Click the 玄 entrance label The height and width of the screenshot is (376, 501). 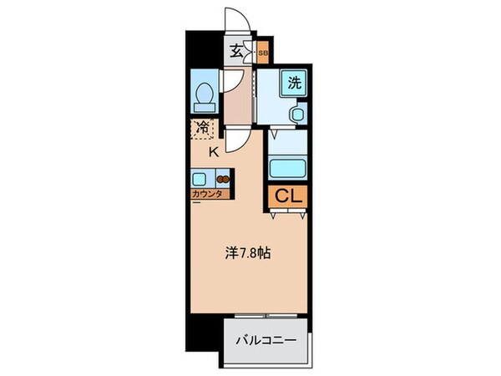click(236, 52)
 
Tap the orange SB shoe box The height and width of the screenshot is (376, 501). click(262, 53)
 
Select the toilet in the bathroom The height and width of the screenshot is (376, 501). click(204, 96)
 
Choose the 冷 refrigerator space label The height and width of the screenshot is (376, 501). click(204, 128)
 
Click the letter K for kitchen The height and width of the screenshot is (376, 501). click(214, 151)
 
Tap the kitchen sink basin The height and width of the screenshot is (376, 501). click(200, 177)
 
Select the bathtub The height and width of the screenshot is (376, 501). click(288, 165)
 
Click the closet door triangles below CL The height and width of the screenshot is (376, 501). click(288, 215)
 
